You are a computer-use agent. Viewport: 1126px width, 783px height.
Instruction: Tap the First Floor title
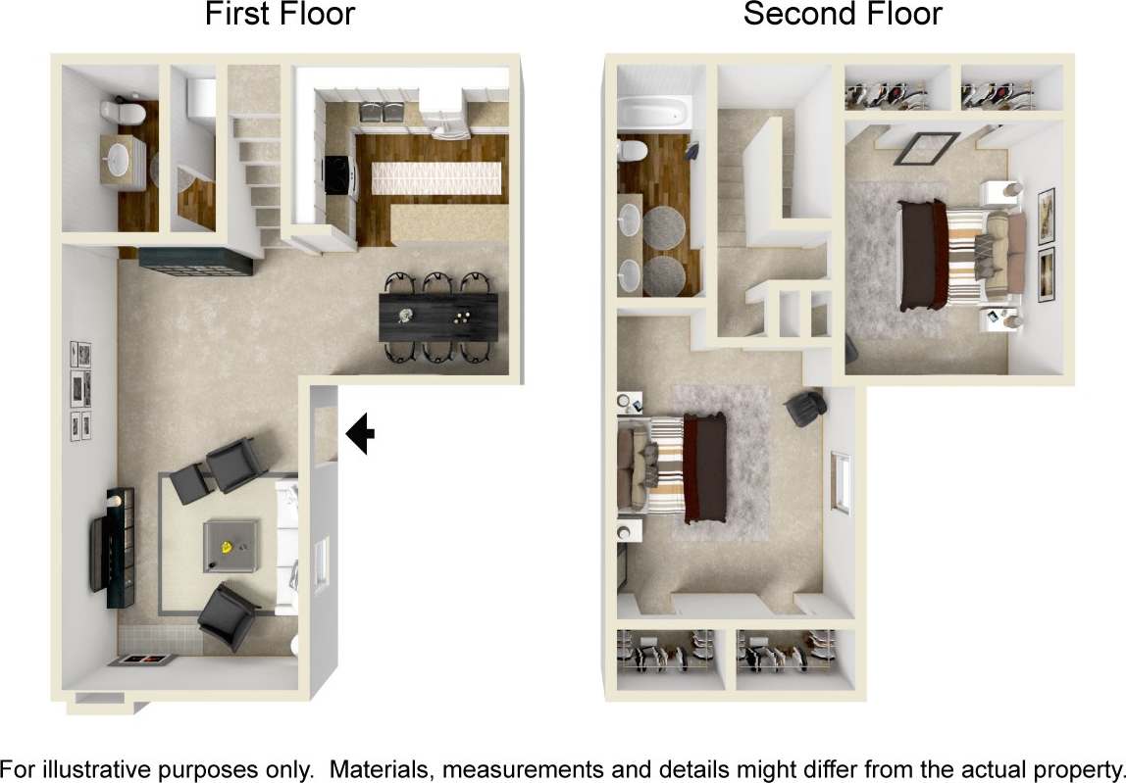pos(280,15)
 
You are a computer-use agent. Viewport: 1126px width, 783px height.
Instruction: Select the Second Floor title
pos(842,15)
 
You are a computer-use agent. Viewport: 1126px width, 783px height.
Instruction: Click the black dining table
pos(437,316)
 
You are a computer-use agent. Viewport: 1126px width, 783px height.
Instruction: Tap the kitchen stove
pos(336,176)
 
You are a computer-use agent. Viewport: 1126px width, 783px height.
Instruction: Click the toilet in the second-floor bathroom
pos(634,151)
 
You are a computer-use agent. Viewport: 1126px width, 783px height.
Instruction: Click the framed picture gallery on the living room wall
pos(80,390)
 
